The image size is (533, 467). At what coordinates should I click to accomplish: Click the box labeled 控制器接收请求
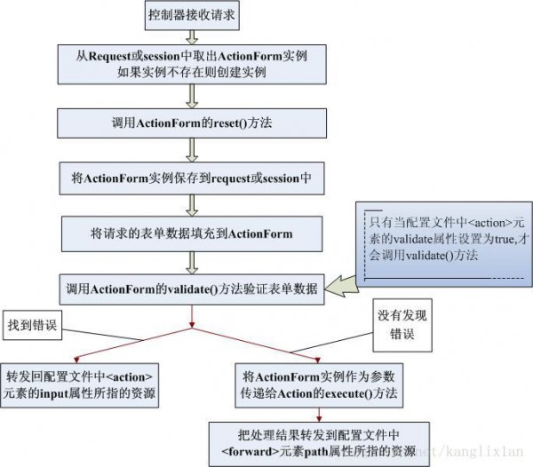coord(192,16)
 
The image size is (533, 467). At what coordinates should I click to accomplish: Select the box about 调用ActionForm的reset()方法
coord(192,123)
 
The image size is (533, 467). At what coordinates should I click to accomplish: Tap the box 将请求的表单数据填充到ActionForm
coord(192,234)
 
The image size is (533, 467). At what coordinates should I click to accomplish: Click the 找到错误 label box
coord(32,325)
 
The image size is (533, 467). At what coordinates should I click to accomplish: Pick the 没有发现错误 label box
coord(402,325)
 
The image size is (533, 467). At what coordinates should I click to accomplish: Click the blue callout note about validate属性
coord(444,244)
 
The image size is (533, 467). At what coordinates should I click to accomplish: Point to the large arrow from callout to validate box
coord(342,287)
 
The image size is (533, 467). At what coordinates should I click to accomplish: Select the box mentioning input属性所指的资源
coord(80,385)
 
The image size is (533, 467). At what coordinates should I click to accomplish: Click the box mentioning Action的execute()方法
coord(319,385)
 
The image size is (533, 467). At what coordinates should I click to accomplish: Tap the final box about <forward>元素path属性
coord(319,444)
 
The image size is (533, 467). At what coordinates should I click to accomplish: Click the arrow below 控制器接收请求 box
coord(192,37)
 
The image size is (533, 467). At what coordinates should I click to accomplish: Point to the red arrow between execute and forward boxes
coord(319,415)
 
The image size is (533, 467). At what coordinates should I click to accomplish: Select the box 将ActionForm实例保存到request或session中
coord(192,178)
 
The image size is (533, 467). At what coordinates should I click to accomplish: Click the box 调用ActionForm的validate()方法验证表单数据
coord(192,289)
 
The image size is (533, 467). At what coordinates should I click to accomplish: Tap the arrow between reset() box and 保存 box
coord(192,150)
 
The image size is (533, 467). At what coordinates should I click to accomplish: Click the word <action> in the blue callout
coord(489,223)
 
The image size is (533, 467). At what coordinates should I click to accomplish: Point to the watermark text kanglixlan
coord(484,451)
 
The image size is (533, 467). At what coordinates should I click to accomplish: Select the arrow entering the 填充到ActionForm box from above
coord(192,206)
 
